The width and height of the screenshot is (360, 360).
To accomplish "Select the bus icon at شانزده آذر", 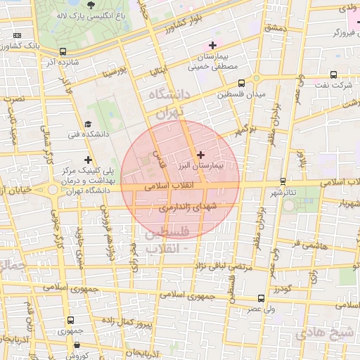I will pos(63,51).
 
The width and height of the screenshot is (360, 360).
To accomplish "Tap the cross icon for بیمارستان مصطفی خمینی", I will pos(212,46).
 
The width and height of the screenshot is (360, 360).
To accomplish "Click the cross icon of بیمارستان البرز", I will pos(201,155).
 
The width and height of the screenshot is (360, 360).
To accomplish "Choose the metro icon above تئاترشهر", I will pos(283,181).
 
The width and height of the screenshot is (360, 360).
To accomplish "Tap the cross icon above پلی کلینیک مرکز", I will pos(88,160).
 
